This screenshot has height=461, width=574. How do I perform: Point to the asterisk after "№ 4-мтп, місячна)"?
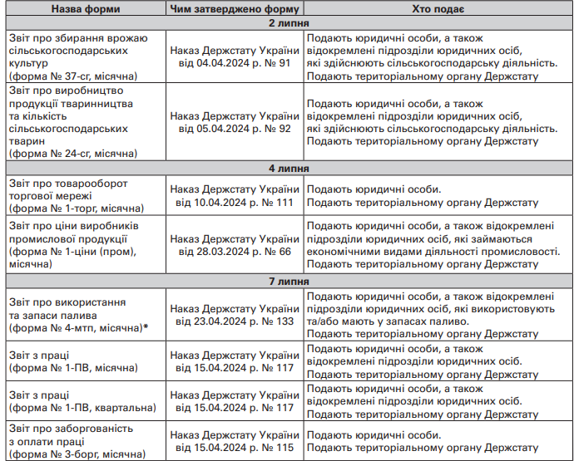coord(146,327)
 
